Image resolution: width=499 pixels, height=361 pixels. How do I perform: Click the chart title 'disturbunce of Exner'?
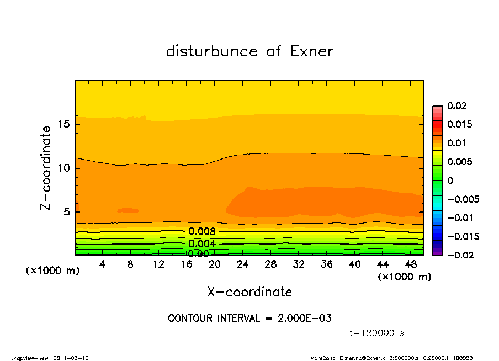(x=250, y=51)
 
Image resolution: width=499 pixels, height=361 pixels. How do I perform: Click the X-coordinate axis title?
(x=250, y=291)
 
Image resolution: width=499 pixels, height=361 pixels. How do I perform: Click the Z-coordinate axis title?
(x=46, y=168)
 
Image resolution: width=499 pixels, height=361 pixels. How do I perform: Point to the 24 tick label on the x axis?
(x=242, y=264)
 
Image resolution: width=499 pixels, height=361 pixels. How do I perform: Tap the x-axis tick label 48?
(x=411, y=264)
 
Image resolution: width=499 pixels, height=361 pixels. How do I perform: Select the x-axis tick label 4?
(x=103, y=264)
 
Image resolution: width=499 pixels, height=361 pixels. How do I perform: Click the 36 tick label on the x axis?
(x=327, y=264)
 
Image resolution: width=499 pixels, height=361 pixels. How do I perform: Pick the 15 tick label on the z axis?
(x=63, y=124)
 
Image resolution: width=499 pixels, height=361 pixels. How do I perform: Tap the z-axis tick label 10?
(x=63, y=168)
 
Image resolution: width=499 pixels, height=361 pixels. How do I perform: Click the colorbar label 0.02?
(x=456, y=105)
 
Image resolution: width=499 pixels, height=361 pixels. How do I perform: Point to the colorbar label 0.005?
(x=459, y=162)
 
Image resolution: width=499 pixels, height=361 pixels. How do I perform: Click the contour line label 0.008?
(x=201, y=231)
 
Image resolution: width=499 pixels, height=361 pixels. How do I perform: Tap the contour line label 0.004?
(x=201, y=243)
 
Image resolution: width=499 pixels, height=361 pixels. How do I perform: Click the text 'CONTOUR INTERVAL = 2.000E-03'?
(x=250, y=318)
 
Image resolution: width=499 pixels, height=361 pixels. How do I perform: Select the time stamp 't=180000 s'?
(x=378, y=333)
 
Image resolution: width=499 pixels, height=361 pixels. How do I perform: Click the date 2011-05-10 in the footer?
(x=71, y=358)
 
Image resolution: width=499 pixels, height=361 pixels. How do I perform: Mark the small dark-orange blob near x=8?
(x=128, y=210)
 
